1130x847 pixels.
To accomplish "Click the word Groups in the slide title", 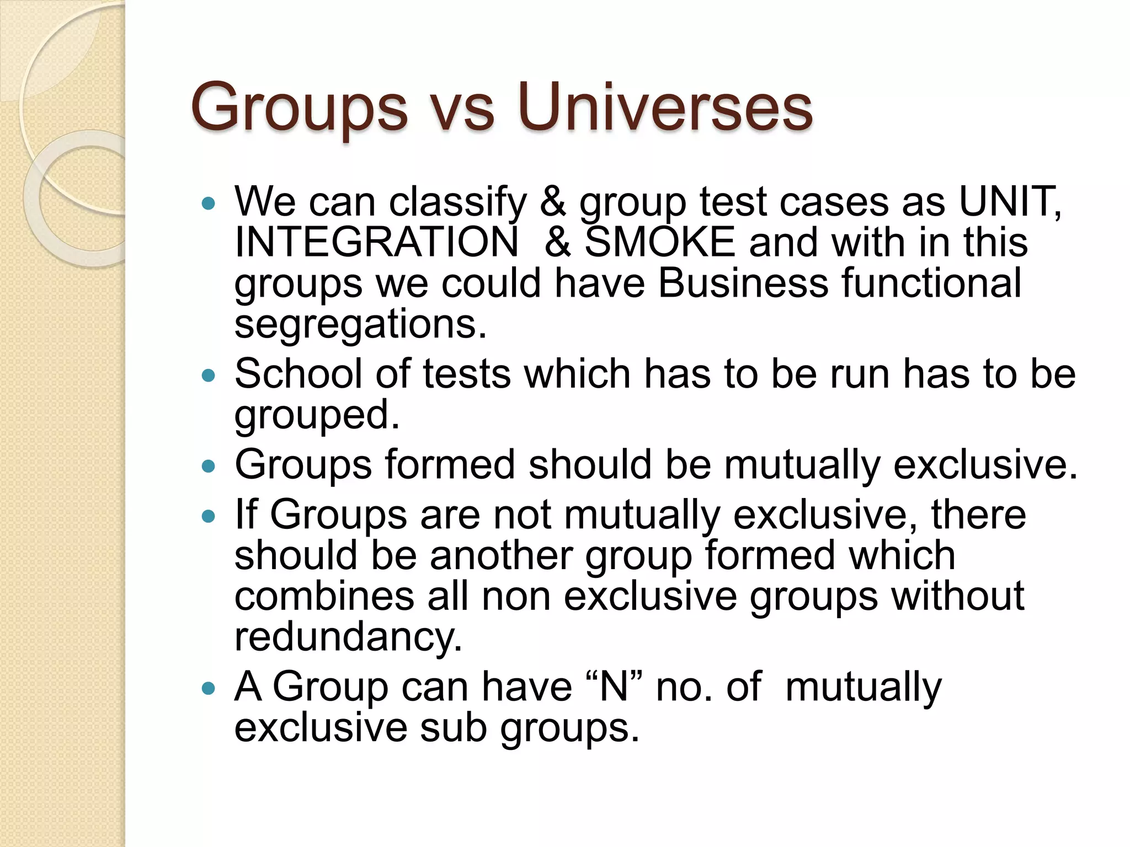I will click(x=299, y=109).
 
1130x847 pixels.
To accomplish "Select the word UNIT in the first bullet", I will click(x=1008, y=201).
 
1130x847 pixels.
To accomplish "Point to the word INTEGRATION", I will click(x=376, y=242).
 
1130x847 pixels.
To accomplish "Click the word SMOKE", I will click(x=659, y=242).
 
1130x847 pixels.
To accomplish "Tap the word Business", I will click(x=743, y=283).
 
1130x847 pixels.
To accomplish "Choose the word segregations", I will click(x=360, y=325).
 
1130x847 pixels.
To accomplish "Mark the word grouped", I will click(x=317, y=416).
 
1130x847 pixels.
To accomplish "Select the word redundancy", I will click(x=348, y=637).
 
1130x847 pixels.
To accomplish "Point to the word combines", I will click(x=324, y=596).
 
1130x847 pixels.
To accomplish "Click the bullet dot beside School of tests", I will click(x=208, y=376).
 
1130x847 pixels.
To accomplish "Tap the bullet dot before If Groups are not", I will click(x=208, y=517).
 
